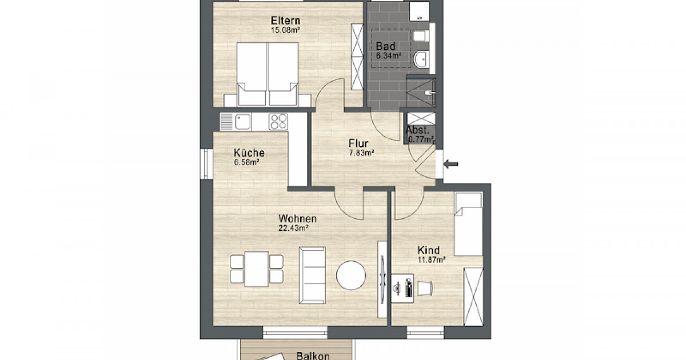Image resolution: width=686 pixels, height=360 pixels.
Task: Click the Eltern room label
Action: (x=285, y=21)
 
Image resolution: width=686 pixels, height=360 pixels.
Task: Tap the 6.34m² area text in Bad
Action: (x=389, y=56)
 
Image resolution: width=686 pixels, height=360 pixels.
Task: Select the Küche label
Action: (x=249, y=153)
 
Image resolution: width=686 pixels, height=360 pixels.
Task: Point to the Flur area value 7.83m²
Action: (x=361, y=153)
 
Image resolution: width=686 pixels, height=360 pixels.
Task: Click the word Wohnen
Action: (x=297, y=218)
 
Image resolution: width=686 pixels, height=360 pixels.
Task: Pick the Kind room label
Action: (x=428, y=250)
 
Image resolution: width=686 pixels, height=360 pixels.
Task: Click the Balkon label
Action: (x=313, y=355)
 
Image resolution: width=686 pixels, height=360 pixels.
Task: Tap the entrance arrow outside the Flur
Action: (x=451, y=164)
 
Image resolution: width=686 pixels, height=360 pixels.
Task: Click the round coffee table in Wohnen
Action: (x=351, y=275)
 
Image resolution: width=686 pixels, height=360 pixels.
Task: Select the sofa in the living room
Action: (x=312, y=275)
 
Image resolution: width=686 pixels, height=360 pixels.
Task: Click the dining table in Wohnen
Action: (x=257, y=269)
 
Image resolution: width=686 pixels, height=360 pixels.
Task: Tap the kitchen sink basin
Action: (x=242, y=122)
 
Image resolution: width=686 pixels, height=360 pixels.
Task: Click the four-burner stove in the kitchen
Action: (x=278, y=122)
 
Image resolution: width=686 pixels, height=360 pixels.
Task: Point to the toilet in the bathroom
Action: (x=421, y=36)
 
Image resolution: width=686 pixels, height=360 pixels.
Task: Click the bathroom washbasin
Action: (x=421, y=59)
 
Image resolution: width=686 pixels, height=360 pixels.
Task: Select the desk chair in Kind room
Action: (x=424, y=288)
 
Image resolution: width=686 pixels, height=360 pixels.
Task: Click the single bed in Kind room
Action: (x=468, y=224)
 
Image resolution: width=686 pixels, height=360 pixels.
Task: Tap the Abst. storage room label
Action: (x=417, y=130)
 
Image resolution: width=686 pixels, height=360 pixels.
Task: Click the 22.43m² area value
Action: (x=293, y=228)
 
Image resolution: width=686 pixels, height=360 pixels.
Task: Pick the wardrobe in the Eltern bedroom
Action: (x=357, y=57)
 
